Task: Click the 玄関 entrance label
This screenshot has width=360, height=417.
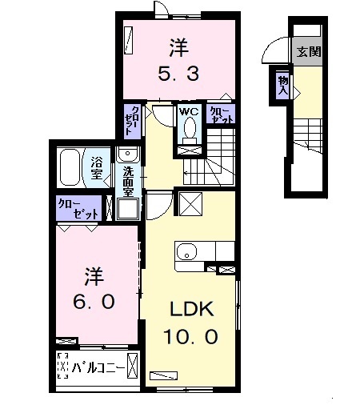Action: pos(309,52)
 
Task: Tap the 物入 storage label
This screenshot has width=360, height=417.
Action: pos(283,85)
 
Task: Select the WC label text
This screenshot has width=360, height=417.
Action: pos(189,111)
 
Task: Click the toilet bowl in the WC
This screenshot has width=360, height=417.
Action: pos(190,127)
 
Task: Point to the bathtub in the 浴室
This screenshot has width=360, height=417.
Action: pos(70,167)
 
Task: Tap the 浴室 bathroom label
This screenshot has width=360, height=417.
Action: pos(97,167)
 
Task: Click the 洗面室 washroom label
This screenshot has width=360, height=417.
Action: pos(128,181)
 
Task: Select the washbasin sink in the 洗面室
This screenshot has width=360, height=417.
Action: pos(128,154)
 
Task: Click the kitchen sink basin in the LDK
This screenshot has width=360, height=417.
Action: pos(187,251)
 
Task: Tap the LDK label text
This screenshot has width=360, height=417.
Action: pos(192,309)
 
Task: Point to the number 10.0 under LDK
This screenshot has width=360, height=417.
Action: pos(190,336)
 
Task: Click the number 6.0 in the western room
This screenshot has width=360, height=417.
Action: pos(94,302)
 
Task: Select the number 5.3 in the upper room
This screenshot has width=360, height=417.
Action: pos(178,74)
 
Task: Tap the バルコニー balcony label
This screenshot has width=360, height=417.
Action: pos(98,368)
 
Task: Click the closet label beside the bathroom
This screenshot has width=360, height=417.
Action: pos(78,209)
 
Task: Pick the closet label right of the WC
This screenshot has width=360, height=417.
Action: pos(221,114)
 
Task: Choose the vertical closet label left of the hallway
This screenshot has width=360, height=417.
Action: pos(132,121)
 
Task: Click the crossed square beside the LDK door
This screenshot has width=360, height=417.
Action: pos(190,204)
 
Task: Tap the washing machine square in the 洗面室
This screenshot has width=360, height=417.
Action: pos(128,209)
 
